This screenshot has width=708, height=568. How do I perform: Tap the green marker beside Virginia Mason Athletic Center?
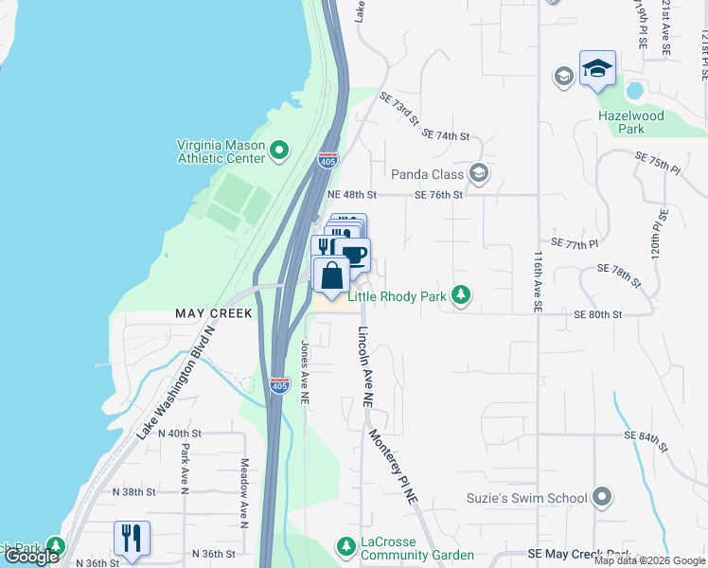pyautogui.click(x=279, y=151)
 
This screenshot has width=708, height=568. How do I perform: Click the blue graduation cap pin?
pyautogui.click(x=597, y=69)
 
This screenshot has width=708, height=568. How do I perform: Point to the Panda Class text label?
pyautogui.click(x=428, y=174)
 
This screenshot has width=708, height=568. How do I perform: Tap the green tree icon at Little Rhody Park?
pyautogui.click(x=461, y=296)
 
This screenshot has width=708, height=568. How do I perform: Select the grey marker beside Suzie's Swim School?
pyautogui.click(x=602, y=497)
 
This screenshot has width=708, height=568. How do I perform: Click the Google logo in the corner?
pyautogui.click(x=31, y=557)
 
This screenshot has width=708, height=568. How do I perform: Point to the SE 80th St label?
pyautogui.click(x=598, y=314)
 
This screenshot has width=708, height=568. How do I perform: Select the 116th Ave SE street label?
pyautogui.click(x=537, y=282)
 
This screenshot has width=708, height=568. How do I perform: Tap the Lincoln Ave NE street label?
pyautogui.click(x=364, y=367)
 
